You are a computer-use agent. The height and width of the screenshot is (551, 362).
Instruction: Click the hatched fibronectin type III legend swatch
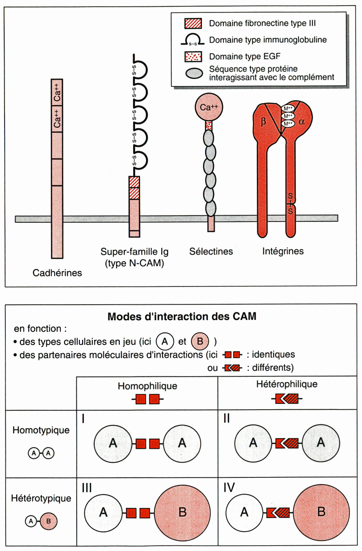click(x=193, y=23)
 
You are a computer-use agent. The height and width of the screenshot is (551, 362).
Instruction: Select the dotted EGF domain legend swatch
click(x=193, y=57)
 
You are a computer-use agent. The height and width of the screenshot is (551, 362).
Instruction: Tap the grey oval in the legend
click(x=194, y=73)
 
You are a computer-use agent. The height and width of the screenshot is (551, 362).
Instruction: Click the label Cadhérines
click(x=57, y=273)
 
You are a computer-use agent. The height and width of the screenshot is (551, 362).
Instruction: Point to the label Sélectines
click(x=211, y=252)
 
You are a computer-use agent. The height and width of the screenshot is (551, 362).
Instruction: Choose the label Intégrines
click(x=283, y=251)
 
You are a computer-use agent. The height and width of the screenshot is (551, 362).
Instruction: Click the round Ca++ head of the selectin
click(x=209, y=107)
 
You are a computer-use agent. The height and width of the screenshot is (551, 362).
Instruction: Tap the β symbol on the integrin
click(x=263, y=122)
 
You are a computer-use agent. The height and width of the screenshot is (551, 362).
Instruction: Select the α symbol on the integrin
click(x=302, y=122)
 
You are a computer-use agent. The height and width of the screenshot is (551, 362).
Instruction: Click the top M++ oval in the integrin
click(x=288, y=108)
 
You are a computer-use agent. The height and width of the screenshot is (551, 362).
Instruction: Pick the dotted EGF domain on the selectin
click(x=209, y=125)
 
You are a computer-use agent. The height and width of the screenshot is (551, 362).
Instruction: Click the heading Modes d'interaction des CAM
click(x=182, y=317)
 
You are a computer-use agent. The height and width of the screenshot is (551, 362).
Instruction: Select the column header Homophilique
click(x=147, y=386)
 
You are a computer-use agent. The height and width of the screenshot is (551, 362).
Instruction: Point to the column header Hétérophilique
click(x=287, y=384)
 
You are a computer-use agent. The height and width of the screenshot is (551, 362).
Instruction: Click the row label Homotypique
click(x=41, y=430)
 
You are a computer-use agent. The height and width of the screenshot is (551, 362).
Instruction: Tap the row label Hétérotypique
click(x=41, y=498)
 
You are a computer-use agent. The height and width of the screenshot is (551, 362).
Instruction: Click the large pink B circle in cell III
click(x=182, y=513)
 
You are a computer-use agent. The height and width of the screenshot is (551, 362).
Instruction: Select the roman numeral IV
click(x=229, y=488)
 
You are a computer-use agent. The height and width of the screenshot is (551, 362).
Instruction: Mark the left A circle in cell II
click(x=253, y=443)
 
